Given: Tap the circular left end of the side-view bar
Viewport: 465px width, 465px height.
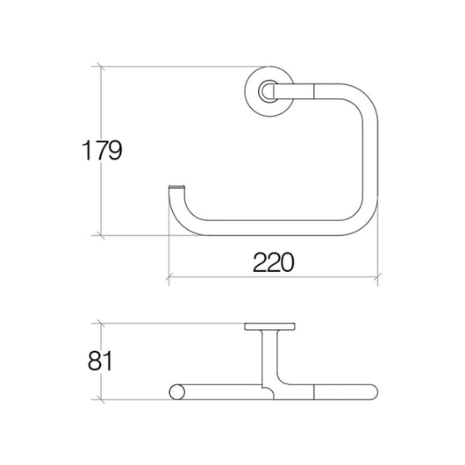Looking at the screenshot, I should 175,393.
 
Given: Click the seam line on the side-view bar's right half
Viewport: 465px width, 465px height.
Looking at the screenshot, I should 313,393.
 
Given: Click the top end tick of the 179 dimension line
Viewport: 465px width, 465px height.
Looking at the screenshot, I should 103,66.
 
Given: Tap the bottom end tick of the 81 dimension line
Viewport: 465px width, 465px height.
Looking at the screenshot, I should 103,401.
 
